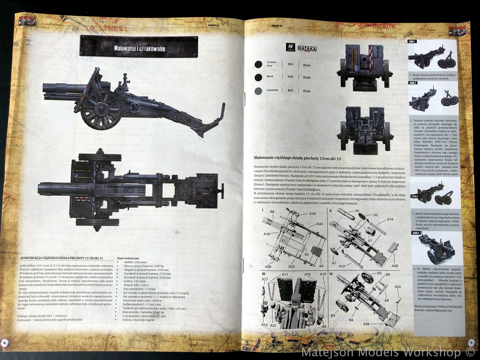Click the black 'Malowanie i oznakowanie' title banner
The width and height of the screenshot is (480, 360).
coord(139,46)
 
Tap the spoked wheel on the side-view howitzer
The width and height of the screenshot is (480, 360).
coord(101,109)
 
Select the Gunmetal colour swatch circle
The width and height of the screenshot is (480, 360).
coord(258,91)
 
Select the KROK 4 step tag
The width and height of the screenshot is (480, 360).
coord(416,233)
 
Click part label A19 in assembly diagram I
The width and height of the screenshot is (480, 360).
coord(312,214)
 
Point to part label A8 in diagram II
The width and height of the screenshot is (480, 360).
coord(357,211)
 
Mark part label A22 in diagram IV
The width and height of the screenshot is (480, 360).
coord(398,287)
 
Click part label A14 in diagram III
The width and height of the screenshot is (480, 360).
coord(264,324)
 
